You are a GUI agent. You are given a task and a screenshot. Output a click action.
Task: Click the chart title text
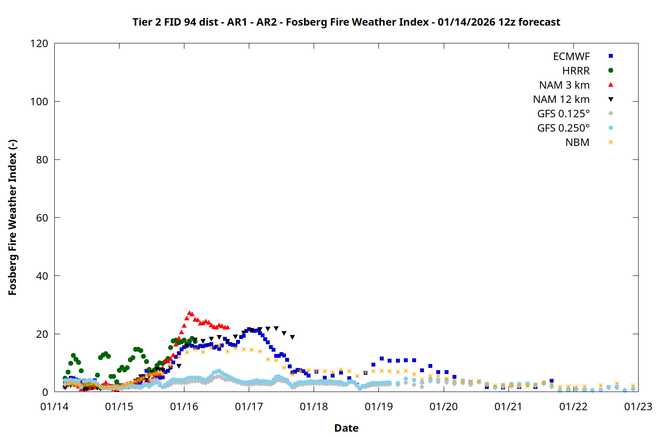point(346,22)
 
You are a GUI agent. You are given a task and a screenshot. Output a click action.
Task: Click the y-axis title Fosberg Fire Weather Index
point(12,217)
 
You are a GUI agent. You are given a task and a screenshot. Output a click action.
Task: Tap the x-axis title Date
point(346,428)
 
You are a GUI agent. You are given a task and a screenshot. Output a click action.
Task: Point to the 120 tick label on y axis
point(39,43)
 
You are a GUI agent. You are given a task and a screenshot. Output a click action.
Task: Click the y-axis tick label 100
point(39,102)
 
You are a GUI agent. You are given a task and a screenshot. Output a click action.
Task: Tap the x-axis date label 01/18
point(314,407)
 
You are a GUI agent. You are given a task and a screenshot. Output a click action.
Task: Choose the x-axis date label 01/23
point(638,407)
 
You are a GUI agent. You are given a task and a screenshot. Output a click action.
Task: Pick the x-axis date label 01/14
point(54,407)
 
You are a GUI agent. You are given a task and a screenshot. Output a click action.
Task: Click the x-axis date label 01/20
point(443,407)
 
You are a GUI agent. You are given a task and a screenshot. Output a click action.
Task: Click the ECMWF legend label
point(571,57)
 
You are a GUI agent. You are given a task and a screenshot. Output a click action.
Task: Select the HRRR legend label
point(576,71)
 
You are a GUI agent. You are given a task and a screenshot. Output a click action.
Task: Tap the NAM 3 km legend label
point(564,85)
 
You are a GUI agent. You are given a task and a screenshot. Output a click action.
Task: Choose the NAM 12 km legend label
point(561,99)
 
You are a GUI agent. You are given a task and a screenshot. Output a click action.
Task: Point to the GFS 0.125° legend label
point(563,114)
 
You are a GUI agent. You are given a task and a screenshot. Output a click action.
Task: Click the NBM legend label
point(577,142)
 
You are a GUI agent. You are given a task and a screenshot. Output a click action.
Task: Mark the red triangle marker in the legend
point(611,85)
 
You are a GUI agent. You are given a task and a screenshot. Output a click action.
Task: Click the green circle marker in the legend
point(611,71)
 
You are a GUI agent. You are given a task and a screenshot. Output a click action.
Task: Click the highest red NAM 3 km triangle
point(190,313)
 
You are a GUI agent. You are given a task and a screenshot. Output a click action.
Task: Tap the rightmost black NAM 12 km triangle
point(292,337)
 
